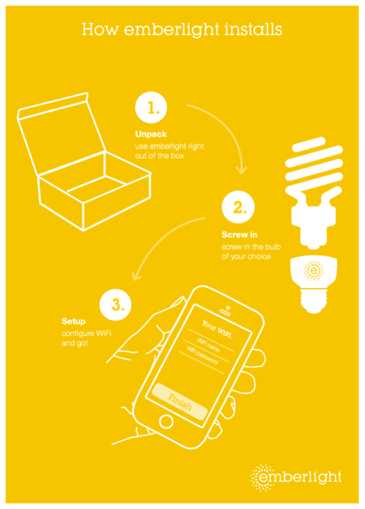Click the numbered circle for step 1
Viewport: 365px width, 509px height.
pos(151,107)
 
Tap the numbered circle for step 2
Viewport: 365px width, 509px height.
pos(238,207)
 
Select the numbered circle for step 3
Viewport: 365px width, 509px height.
pos(115,305)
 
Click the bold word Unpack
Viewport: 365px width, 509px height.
pos(151,134)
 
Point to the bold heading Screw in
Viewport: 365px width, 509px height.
pos(239,235)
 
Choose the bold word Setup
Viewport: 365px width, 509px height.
pos(73,322)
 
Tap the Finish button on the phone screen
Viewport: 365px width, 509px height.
pos(179,402)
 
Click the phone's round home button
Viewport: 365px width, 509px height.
pos(166,421)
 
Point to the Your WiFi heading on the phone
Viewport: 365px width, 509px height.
pos(217,329)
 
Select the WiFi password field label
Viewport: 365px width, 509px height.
pos(202,355)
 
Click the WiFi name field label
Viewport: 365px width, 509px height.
pos(208,345)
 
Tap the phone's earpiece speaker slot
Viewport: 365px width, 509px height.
pos(225,313)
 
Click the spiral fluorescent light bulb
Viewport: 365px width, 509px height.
pos(314,192)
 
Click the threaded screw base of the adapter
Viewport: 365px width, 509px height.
pos(313,301)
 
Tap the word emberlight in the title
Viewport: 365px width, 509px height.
pos(172,29)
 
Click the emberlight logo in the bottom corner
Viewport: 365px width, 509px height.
pos(296,478)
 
